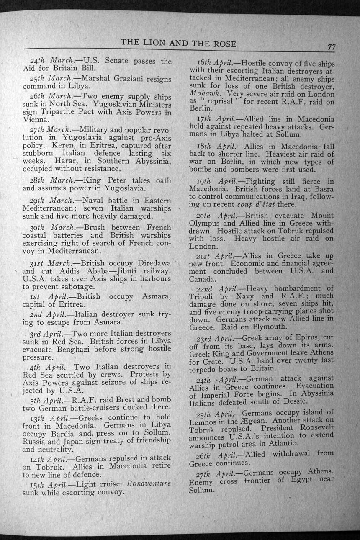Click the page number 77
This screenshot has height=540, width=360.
tap(331, 47)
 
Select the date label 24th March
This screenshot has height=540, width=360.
tap(50, 61)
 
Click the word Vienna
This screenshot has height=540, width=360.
tap(36, 120)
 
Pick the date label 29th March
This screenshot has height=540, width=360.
tap(50, 201)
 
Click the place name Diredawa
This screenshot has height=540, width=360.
tap(151, 263)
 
